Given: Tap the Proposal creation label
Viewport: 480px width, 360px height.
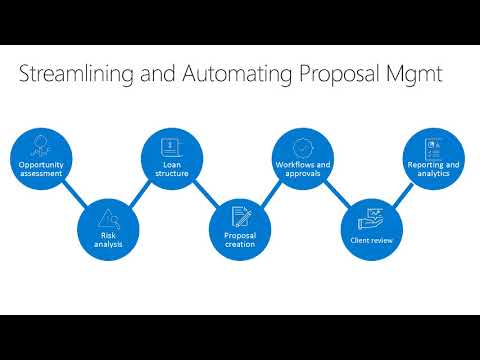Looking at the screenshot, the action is click(x=239, y=240).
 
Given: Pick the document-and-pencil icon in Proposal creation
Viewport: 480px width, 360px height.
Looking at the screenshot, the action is click(x=240, y=215).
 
